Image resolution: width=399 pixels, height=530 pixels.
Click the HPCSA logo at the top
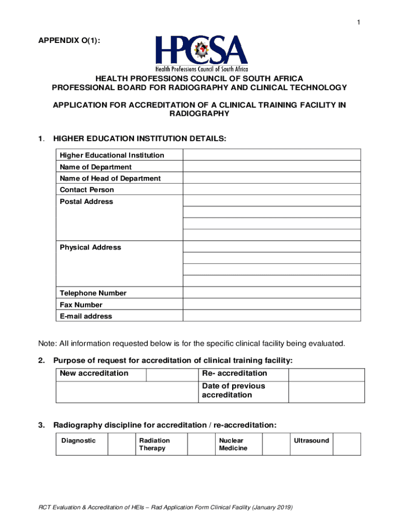[x=202, y=53]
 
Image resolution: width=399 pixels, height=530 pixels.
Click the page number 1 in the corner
[x=358, y=22]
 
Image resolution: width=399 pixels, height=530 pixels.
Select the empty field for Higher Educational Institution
[x=271, y=155]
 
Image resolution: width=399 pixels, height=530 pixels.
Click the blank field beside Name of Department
[x=271, y=167]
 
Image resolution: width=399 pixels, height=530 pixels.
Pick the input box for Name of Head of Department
[x=271, y=178]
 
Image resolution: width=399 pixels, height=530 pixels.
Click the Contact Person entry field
[x=271, y=189]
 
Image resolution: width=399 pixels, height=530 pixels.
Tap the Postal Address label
[x=86, y=201]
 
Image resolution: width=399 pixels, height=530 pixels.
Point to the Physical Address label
[x=90, y=247]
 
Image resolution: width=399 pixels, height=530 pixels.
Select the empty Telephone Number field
[x=271, y=293]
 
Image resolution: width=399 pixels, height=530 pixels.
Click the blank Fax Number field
[x=271, y=304]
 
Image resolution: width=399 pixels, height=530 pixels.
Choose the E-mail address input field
[x=271, y=316]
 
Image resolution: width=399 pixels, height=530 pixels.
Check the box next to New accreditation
[x=172, y=374]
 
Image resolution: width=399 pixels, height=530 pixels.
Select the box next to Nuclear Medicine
[x=276, y=444]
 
